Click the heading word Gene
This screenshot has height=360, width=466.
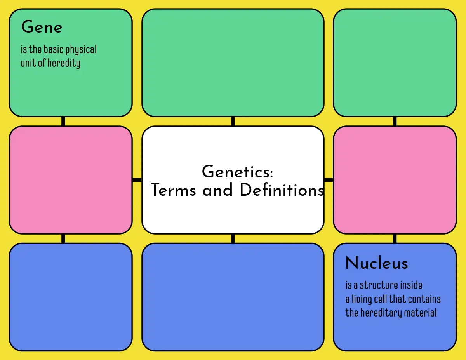(42, 28)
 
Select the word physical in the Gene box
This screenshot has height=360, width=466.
(81, 50)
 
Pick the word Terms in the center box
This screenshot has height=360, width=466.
(174, 190)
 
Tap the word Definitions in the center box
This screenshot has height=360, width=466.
(282, 190)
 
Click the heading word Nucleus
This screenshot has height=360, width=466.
(376, 263)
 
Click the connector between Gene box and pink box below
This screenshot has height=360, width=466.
(63, 121)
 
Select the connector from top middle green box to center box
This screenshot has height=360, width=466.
(233, 121)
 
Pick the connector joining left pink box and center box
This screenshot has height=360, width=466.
(137, 180)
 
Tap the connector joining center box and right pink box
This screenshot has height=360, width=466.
(329, 180)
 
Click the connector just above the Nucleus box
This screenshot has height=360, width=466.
(395, 238)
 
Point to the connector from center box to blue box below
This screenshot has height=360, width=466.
(233, 238)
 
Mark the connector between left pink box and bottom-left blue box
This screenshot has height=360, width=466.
(63, 238)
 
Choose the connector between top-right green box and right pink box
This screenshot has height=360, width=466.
(395, 121)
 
